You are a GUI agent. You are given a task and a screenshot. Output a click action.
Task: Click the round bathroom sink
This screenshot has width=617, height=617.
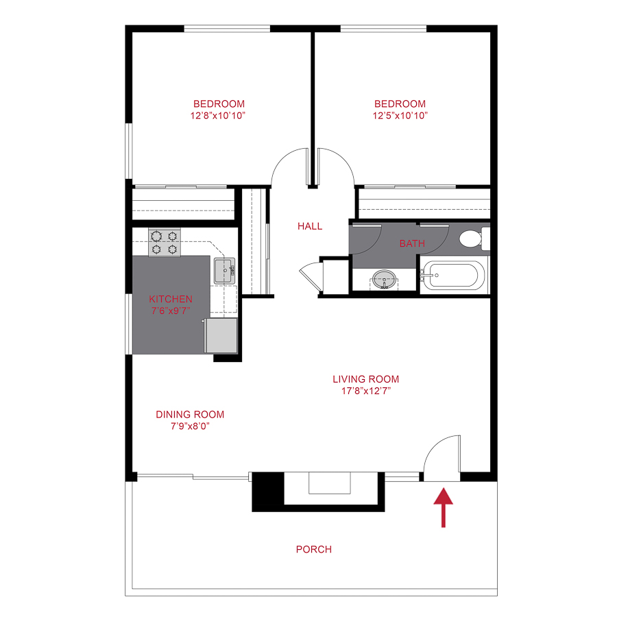click(383, 278)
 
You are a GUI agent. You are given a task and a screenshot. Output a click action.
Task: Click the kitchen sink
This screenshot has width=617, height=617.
click(224, 271)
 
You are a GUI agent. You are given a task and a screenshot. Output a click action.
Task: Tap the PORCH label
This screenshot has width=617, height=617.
click(314, 549)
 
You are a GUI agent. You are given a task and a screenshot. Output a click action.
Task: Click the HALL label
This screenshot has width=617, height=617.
click(310, 226)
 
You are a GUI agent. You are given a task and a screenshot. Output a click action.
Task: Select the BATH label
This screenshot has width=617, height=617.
click(412, 243)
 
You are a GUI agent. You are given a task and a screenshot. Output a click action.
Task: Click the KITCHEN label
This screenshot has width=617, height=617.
click(171, 299)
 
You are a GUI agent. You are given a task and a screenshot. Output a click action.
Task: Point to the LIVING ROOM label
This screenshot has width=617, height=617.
click(365, 379)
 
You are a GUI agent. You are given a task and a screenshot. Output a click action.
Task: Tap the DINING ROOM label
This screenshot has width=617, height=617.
click(190, 414)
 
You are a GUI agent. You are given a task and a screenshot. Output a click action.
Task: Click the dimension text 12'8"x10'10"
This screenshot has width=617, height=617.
click(219, 115)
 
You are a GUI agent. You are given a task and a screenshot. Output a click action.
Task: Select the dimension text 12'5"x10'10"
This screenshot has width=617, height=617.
click(400, 115)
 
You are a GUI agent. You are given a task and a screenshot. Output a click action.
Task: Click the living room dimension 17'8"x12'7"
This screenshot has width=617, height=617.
click(365, 391)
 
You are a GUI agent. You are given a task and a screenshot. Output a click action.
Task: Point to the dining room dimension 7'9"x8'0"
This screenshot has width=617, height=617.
click(190, 426)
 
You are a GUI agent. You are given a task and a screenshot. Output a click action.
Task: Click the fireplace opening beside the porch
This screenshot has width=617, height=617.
click(330, 483)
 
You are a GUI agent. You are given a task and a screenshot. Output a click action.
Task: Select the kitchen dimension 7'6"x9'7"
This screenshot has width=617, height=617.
click(171, 310)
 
